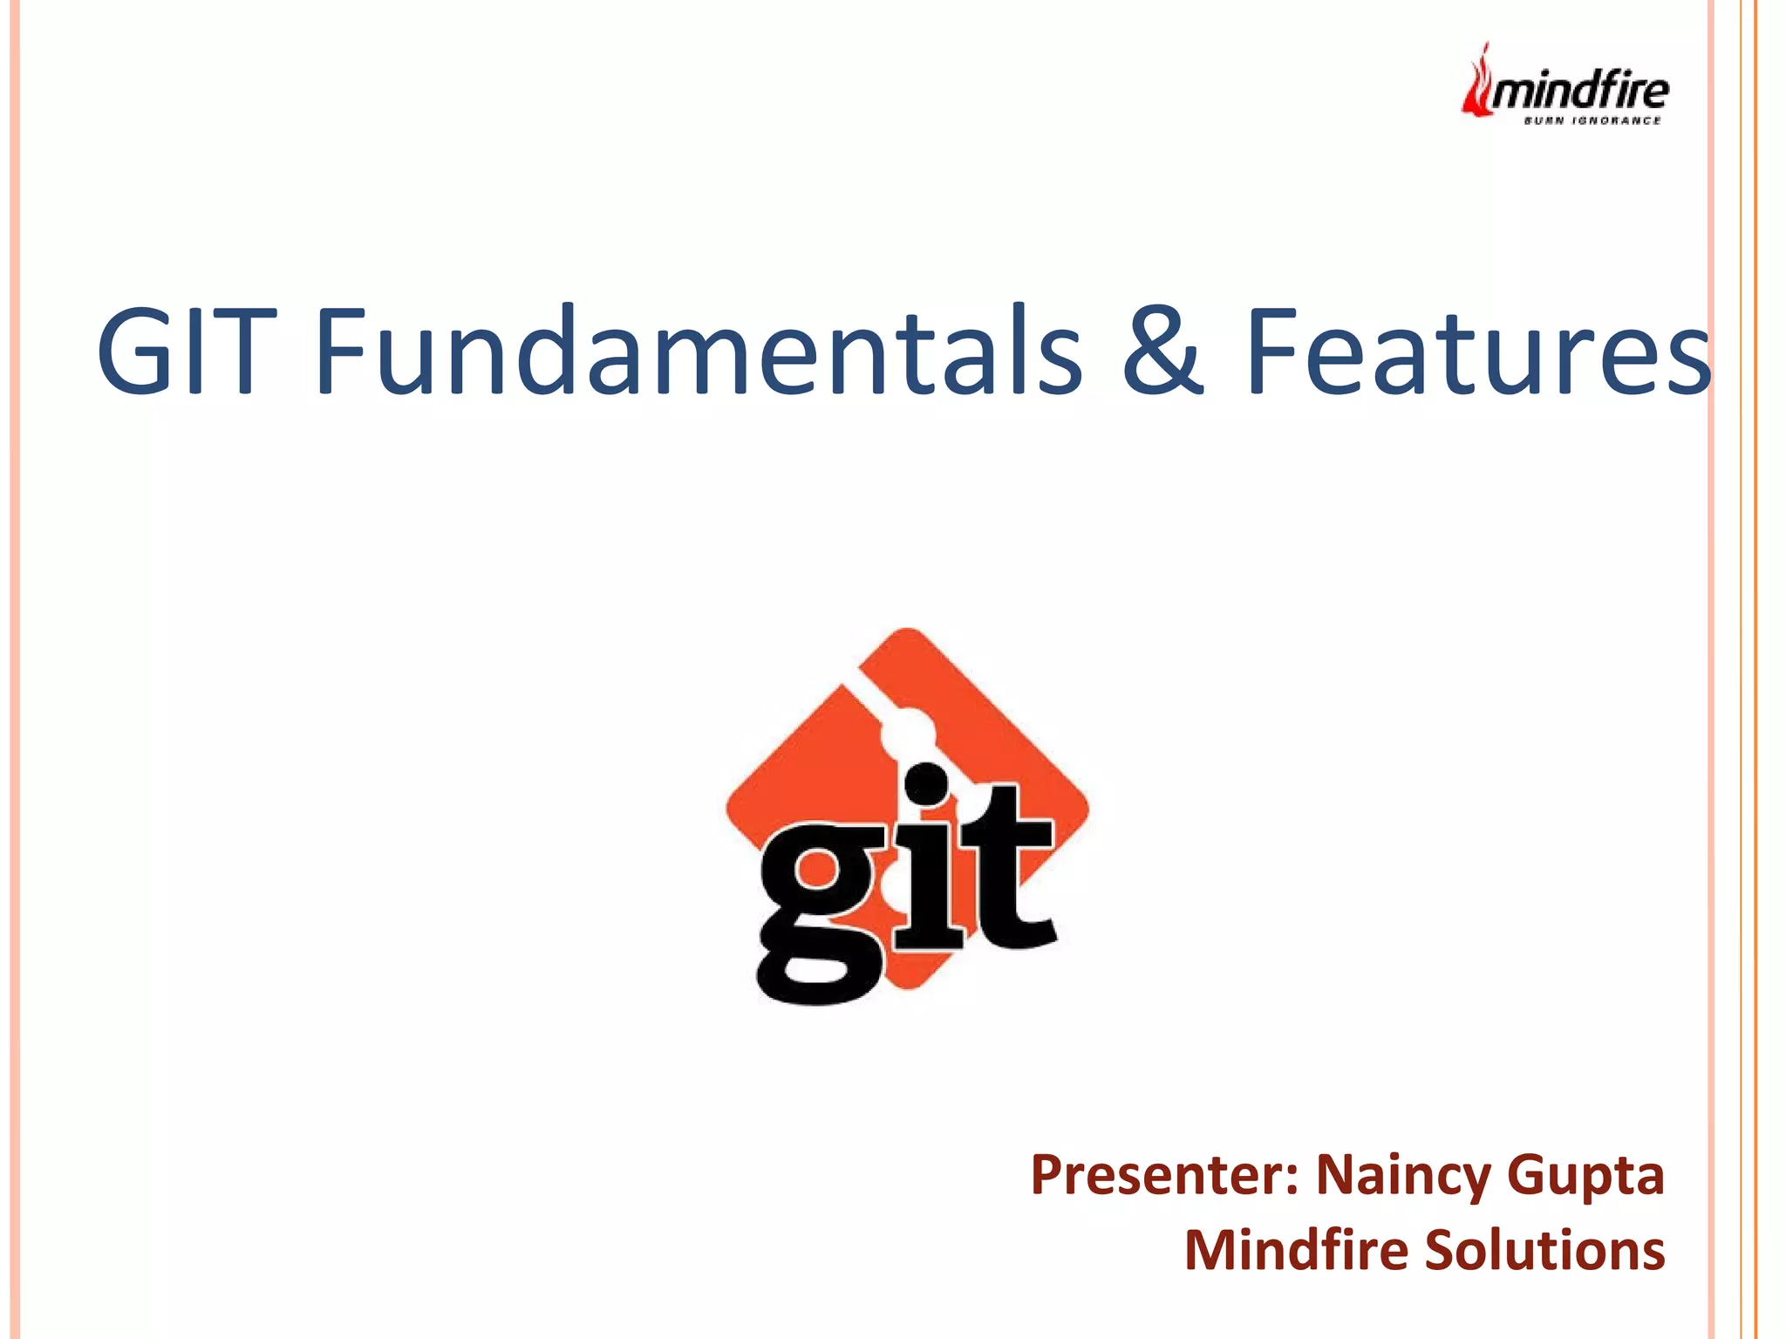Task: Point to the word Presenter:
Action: (1165, 1175)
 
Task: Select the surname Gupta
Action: (1585, 1175)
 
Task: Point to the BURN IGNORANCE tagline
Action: (1592, 120)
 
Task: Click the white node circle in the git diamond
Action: (907, 731)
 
